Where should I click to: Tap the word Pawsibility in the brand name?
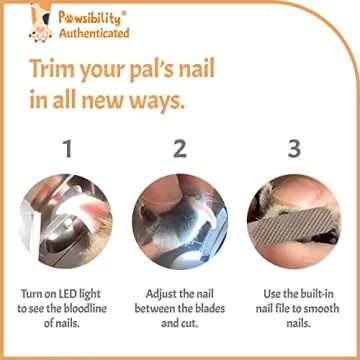point(89,17)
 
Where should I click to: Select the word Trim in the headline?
point(56,71)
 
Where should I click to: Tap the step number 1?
point(67,149)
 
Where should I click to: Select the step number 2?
point(180,149)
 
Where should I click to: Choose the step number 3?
point(293,149)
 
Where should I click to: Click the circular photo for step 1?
point(67,221)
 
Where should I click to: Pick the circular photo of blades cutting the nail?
point(180,221)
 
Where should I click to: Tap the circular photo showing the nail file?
point(293,221)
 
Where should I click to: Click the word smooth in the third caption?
point(319,310)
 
